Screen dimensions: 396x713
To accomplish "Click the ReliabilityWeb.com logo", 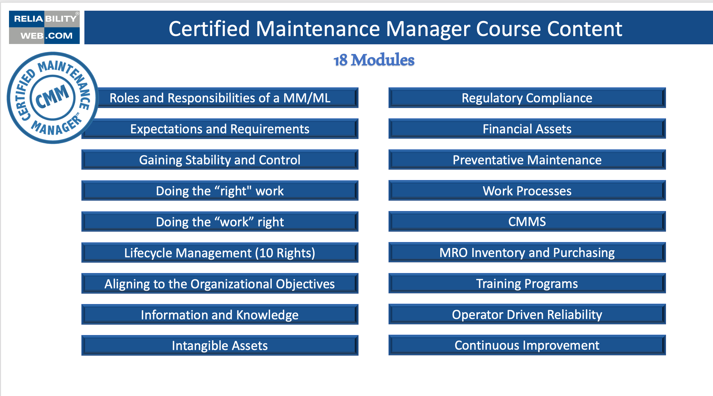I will tap(44, 27).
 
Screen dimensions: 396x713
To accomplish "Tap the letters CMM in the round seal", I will tap(52, 97).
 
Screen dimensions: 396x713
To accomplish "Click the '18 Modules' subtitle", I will tap(374, 60).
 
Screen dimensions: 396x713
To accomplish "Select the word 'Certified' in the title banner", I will tap(209, 29).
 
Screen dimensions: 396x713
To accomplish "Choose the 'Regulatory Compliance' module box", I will tap(527, 98).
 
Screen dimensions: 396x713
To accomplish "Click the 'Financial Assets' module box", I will tap(527, 129).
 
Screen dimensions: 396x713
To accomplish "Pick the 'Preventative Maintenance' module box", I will tap(527, 160).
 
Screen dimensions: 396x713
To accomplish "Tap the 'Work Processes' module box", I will tap(527, 191).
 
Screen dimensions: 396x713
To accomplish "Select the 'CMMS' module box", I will tap(527, 222).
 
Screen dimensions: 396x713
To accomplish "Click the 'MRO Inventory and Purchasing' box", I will tap(527, 253).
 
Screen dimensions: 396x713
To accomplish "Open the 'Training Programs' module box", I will tap(527, 284).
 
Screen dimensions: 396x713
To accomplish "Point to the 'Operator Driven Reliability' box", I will tap(527, 315).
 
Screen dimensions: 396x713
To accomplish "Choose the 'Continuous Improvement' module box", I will tap(527, 345).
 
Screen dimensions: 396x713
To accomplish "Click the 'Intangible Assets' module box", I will tap(220, 346).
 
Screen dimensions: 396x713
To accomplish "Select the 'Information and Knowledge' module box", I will tap(220, 315).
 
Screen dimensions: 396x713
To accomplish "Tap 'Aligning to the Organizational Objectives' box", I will tap(220, 284).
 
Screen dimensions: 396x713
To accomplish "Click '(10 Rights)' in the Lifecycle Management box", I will tap(285, 253).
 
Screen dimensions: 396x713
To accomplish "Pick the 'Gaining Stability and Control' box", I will tap(220, 160).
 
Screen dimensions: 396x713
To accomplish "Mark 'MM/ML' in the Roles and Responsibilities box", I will tap(307, 98).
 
